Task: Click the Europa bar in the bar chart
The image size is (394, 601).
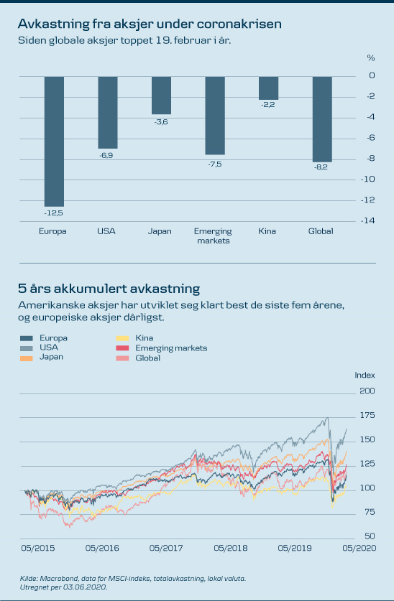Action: tap(54, 141)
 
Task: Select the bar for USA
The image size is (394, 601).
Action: tap(108, 112)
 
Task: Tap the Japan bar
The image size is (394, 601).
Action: tap(162, 95)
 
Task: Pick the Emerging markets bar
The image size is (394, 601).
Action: tap(215, 116)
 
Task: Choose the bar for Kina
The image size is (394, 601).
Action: tap(269, 88)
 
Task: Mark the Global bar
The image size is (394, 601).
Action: tap(322, 119)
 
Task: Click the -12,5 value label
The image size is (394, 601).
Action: tap(54, 213)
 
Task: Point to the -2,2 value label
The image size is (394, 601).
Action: tap(268, 105)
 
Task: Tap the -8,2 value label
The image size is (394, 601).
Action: tap(321, 167)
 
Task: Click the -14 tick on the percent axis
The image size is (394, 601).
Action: tap(368, 220)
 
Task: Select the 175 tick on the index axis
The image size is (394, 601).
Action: tap(367, 416)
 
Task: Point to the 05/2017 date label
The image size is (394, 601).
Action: tap(166, 549)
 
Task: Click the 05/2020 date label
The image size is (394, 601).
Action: tap(359, 549)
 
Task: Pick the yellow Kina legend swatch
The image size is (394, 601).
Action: tap(122, 338)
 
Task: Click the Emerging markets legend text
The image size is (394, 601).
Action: tap(171, 348)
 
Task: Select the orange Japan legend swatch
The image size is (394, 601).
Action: tap(27, 358)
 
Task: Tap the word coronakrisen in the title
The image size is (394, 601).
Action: tap(239, 24)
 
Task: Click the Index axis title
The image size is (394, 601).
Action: tap(365, 376)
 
